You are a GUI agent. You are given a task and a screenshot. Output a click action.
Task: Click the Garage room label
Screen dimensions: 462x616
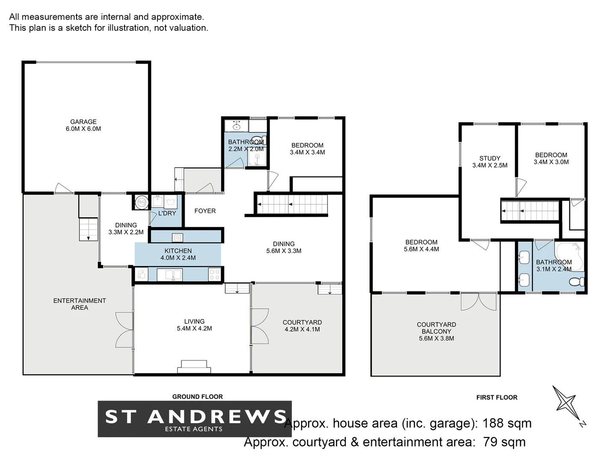83,122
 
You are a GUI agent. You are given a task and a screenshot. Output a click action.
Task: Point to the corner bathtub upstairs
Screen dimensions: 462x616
569,255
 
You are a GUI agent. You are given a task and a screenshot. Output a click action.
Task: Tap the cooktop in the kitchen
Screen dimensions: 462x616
215,275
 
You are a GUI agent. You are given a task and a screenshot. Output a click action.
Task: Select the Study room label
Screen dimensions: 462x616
490,158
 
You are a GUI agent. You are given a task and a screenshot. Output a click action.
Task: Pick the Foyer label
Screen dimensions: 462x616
205,211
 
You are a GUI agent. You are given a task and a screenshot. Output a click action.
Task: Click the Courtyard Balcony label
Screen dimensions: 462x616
436,328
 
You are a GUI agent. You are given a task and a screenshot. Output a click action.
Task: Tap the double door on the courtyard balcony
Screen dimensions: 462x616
479,302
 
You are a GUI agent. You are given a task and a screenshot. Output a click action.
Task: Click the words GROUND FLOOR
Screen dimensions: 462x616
198,397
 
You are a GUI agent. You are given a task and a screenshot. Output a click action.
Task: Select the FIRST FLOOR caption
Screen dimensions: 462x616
497,397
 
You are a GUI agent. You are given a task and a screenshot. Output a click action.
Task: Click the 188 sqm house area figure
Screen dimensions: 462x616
507,423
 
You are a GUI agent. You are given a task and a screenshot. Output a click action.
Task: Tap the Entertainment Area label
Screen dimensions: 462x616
80,304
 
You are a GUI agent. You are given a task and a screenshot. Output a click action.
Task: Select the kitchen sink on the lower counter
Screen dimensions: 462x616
169,275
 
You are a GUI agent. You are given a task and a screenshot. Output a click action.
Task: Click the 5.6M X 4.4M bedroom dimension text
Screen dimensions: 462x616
421,249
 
